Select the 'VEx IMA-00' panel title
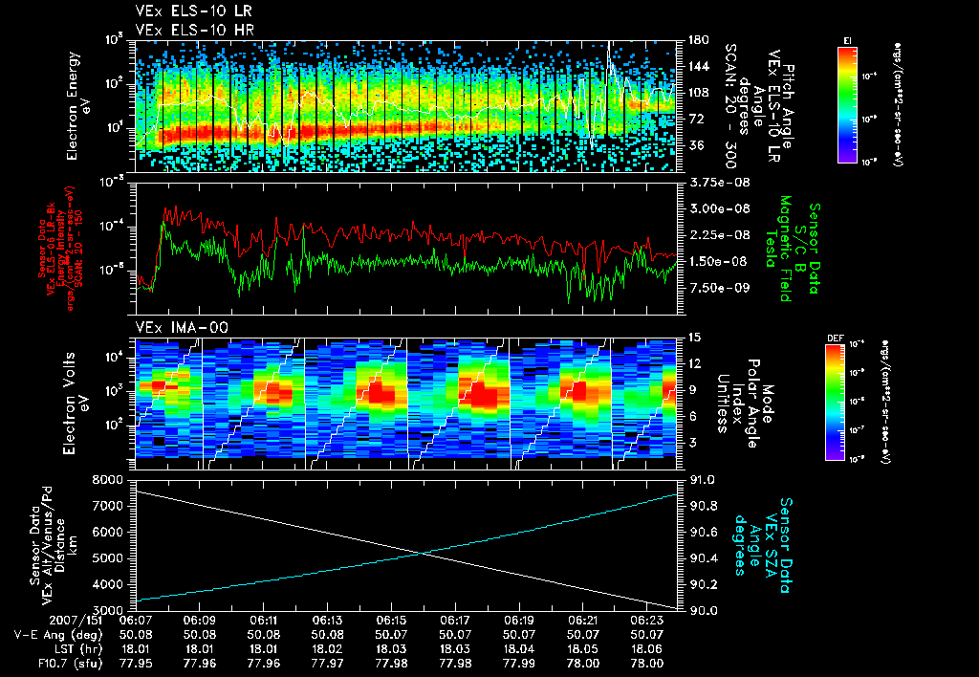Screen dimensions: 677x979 click(172, 328)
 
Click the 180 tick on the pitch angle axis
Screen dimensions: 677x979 click(696, 40)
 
